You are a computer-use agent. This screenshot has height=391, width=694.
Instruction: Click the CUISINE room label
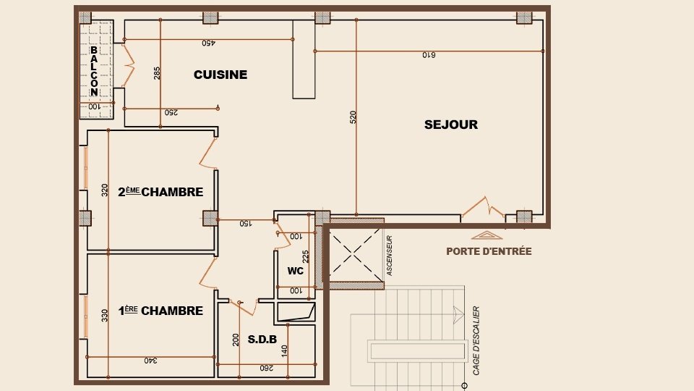[220, 75]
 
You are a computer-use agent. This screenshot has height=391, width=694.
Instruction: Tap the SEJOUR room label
[451, 125]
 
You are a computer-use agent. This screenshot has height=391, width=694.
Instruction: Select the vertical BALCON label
[94, 72]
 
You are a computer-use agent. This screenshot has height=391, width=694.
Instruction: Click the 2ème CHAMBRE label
[160, 192]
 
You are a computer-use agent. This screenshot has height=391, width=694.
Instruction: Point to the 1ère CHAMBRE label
[160, 311]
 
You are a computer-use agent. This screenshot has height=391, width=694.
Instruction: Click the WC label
[295, 271]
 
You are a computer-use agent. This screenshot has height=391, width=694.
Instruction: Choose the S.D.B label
[262, 338]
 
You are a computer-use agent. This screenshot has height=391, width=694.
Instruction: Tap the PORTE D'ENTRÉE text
[489, 251]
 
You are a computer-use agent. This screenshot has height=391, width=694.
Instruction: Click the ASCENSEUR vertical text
[389, 256]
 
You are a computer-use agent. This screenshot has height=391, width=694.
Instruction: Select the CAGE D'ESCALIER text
[476, 340]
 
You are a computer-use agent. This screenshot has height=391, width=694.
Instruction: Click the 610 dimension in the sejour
[430, 56]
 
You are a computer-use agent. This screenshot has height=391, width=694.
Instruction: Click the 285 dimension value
[157, 73]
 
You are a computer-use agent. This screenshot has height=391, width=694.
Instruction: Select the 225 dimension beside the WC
[307, 257]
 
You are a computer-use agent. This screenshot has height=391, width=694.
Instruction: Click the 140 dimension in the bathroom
[285, 350]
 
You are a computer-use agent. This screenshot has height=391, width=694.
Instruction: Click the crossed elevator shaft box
[351, 255]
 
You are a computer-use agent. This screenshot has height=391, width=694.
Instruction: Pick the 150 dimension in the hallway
[246, 224]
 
